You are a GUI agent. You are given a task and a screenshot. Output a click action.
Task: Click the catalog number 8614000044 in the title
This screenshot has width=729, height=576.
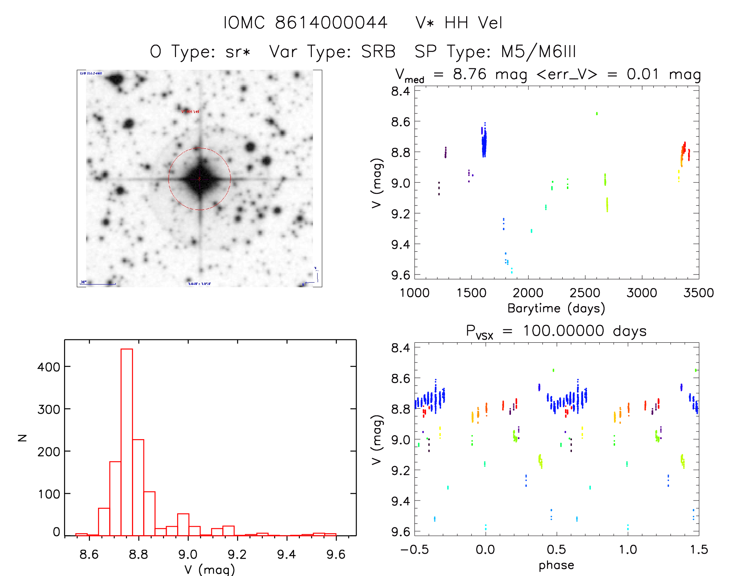point(331,23)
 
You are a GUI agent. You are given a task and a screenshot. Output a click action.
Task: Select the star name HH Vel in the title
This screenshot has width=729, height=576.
point(473,23)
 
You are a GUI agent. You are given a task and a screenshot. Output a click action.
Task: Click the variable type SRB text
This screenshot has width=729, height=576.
point(378,52)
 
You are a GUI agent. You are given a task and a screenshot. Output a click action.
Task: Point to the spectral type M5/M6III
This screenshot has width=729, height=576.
point(538,52)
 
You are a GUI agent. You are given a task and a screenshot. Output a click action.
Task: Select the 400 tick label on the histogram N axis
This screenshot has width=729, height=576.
point(49,367)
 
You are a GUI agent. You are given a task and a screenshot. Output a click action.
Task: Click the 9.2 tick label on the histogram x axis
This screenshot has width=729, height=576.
point(237,554)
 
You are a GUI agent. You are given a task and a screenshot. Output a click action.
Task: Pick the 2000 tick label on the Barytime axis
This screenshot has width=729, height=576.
point(528,293)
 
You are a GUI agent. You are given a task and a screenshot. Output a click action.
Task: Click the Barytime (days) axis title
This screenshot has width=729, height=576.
point(556,308)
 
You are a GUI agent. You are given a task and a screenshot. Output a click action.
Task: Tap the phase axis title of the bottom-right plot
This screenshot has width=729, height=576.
point(556,565)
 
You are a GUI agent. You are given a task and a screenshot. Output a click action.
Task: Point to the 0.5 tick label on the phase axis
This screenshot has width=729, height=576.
point(556,549)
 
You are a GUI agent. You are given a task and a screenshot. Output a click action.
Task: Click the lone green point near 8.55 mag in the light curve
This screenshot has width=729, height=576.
point(597,114)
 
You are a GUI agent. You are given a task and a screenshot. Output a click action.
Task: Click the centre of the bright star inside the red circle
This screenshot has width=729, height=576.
point(200,179)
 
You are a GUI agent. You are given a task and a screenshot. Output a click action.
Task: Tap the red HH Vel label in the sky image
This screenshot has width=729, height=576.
point(190,111)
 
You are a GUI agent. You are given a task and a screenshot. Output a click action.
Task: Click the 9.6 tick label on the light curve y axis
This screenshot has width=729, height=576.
point(400,275)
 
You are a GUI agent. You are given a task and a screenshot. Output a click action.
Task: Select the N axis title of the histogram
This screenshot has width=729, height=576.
point(22,438)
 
